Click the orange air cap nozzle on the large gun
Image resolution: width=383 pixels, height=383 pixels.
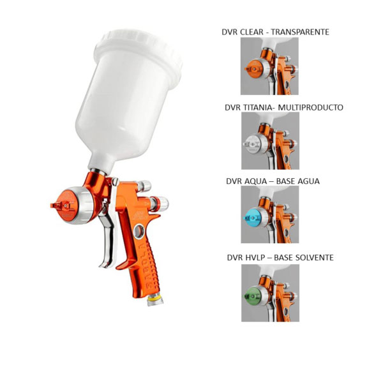[x=64, y=205]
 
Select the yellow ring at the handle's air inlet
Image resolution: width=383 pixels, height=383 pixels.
[x=155, y=298]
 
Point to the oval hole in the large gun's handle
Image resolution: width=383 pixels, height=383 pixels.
[x=139, y=231]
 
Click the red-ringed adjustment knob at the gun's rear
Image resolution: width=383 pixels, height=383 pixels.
[x=159, y=204]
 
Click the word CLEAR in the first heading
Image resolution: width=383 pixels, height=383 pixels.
[x=252, y=32]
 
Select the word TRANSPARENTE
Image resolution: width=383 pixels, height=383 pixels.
[x=300, y=32]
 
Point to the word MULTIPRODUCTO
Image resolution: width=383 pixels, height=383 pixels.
[x=311, y=107]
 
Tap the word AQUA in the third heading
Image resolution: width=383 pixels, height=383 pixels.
[x=256, y=181]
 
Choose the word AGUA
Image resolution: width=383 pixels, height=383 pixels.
[x=309, y=181]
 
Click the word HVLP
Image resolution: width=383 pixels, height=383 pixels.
[x=256, y=258]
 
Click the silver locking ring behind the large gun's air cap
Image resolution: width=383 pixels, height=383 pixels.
[x=84, y=205]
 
